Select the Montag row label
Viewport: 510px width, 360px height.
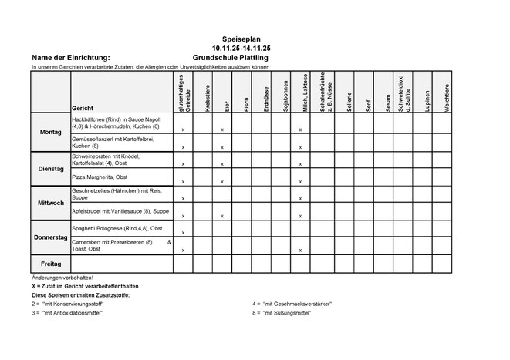(49, 132)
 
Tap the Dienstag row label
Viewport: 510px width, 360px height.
(49, 168)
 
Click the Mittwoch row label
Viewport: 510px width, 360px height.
(49, 203)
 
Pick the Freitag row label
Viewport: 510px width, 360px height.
(49, 263)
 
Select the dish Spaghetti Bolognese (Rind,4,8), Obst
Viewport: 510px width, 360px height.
(117, 229)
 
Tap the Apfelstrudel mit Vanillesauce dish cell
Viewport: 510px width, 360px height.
(120, 210)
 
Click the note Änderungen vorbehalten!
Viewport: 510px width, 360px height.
(62, 277)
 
